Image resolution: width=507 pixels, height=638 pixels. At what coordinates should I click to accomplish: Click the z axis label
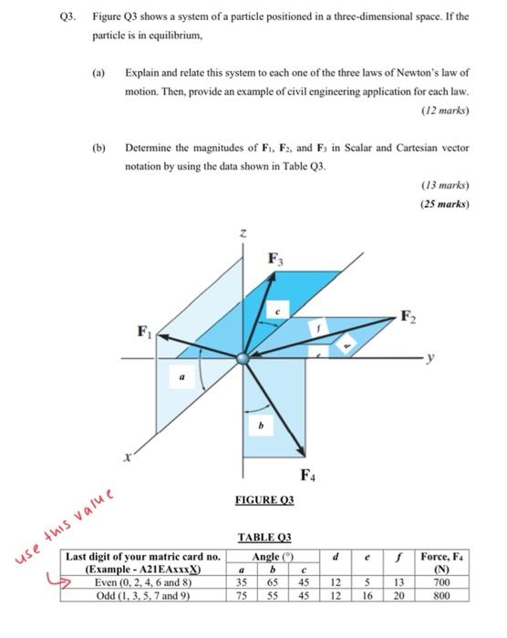pos(243,235)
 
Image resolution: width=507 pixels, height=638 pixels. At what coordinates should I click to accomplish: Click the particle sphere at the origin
pos(243,358)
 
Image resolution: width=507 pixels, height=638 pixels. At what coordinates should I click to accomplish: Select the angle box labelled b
pos(263,426)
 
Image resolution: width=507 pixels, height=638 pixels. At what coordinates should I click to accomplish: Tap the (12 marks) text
pos(444,110)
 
